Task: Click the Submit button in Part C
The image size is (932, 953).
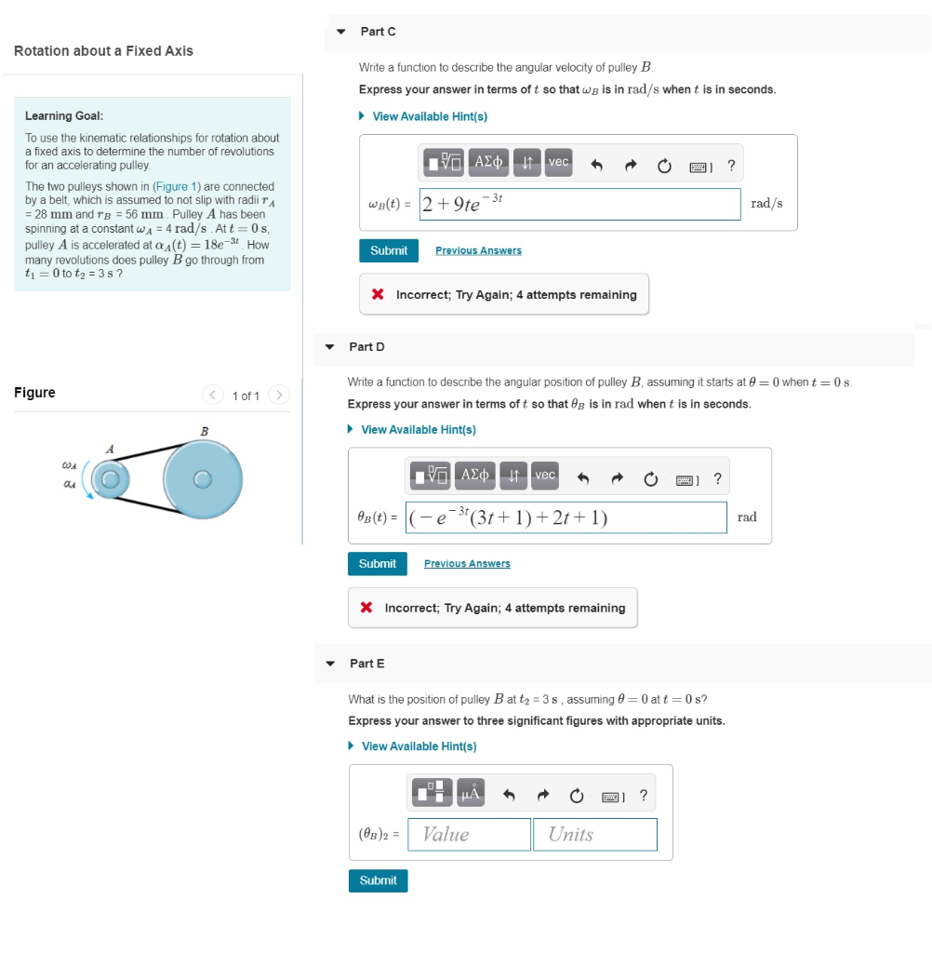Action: click(x=388, y=250)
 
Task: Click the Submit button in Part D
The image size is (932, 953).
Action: click(x=377, y=564)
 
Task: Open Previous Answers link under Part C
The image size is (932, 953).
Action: click(x=478, y=251)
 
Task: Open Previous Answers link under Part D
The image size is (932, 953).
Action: click(x=467, y=564)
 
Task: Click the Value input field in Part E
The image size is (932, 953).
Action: click(x=470, y=835)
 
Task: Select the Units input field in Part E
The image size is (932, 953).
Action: click(x=595, y=835)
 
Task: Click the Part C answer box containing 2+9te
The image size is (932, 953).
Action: click(x=579, y=203)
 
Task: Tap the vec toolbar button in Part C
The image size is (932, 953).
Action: click(x=558, y=163)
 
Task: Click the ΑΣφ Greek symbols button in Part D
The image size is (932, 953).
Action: click(x=475, y=476)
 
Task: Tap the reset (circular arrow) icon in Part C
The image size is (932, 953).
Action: click(x=664, y=168)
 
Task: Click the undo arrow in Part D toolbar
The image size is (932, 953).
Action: click(x=583, y=480)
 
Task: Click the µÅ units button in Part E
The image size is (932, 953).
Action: click(x=471, y=794)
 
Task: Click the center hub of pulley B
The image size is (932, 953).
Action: click(x=203, y=479)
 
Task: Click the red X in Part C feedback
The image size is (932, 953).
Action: click(x=378, y=295)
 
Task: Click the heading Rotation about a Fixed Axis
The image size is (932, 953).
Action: click(x=103, y=51)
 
